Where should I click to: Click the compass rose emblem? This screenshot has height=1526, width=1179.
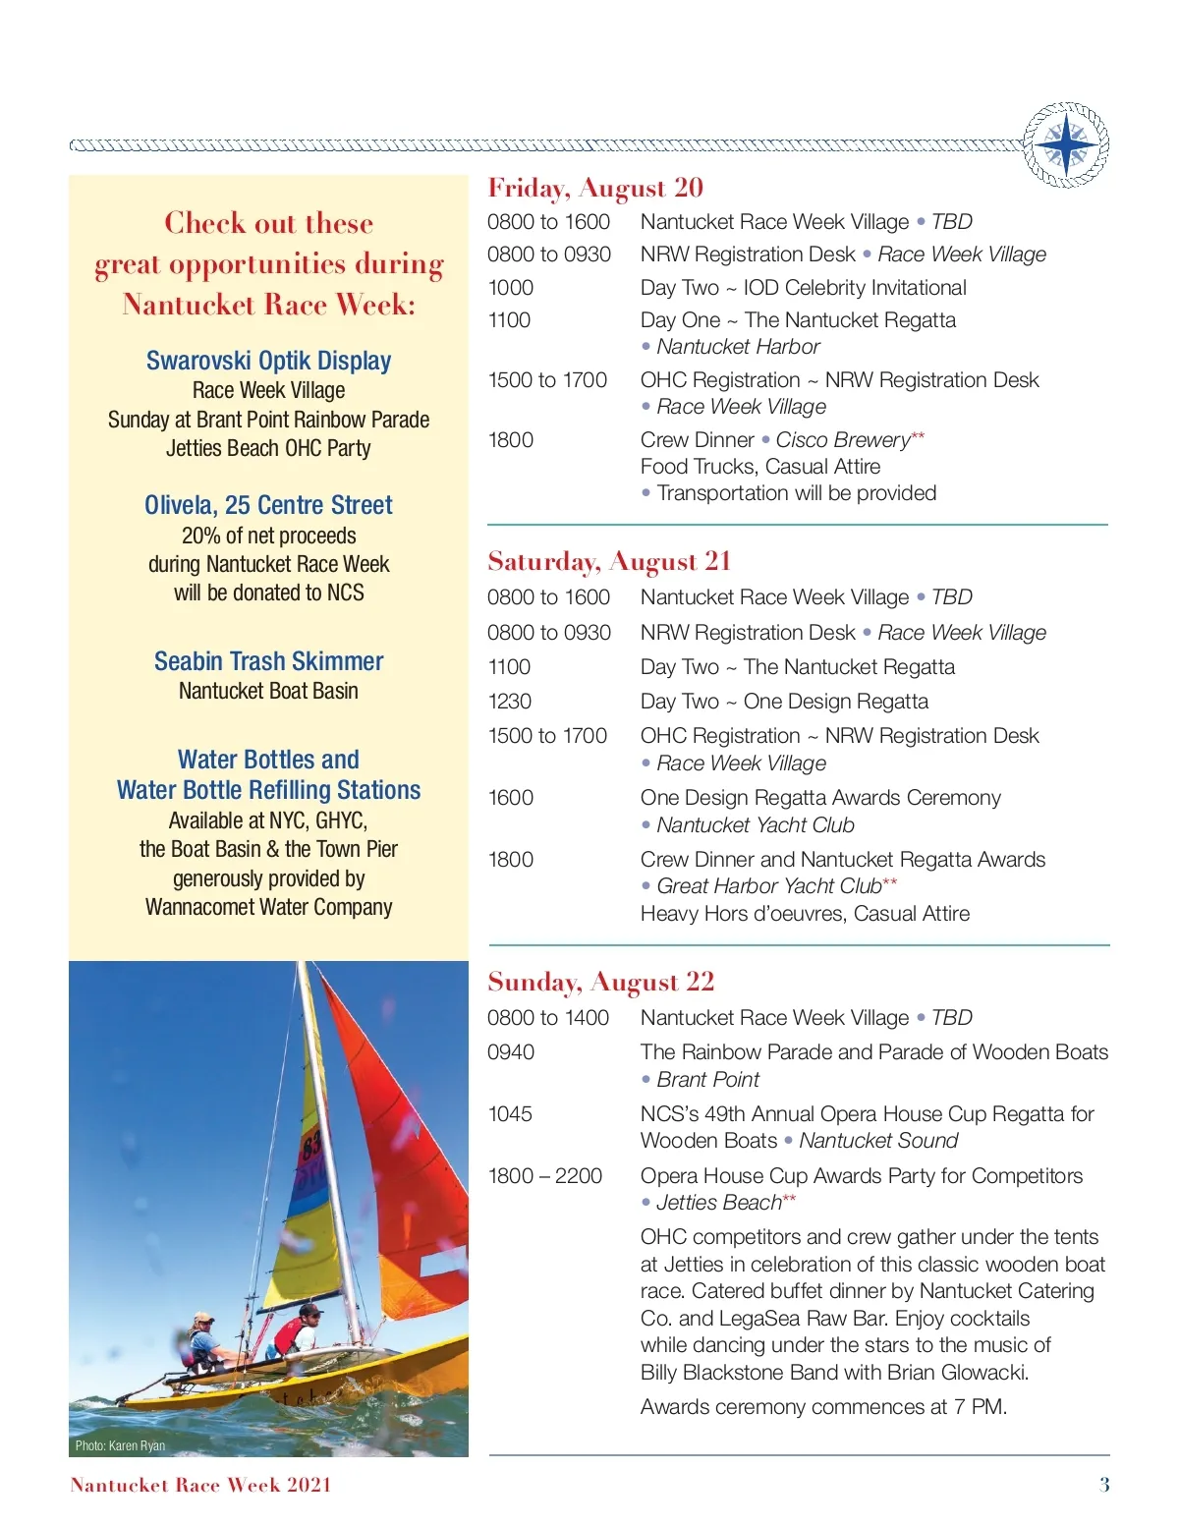[x=1066, y=145]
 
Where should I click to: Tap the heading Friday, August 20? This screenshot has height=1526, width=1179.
[x=595, y=188]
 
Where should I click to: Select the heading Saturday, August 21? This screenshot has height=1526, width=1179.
[x=609, y=561]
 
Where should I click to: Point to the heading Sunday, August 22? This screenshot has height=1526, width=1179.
[x=600, y=982]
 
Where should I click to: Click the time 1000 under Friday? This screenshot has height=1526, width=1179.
[x=510, y=288]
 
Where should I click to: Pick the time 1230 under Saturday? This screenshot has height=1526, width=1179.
[x=509, y=702]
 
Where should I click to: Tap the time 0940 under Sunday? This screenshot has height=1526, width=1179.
[x=511, y=1052]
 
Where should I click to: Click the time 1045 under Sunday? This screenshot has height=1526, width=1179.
[x=510, y=1114]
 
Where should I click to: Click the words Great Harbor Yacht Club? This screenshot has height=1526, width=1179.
[x=768, y=886]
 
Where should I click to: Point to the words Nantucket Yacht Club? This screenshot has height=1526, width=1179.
[x=755, y=825]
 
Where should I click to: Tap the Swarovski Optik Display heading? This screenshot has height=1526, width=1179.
[x=268, y=361]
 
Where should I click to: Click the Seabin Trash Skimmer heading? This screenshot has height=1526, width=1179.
[x=268, y=661]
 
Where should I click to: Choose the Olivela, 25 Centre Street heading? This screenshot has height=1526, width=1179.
[x=268, y=505]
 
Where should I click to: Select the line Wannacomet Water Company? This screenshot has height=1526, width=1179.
[x=268, y=907]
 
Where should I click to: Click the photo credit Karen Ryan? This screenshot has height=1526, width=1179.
[x=120, y=1445]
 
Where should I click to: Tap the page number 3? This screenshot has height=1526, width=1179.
[x=1104, y=1485]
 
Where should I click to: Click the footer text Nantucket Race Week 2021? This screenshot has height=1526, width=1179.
[x=200, y=1485]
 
